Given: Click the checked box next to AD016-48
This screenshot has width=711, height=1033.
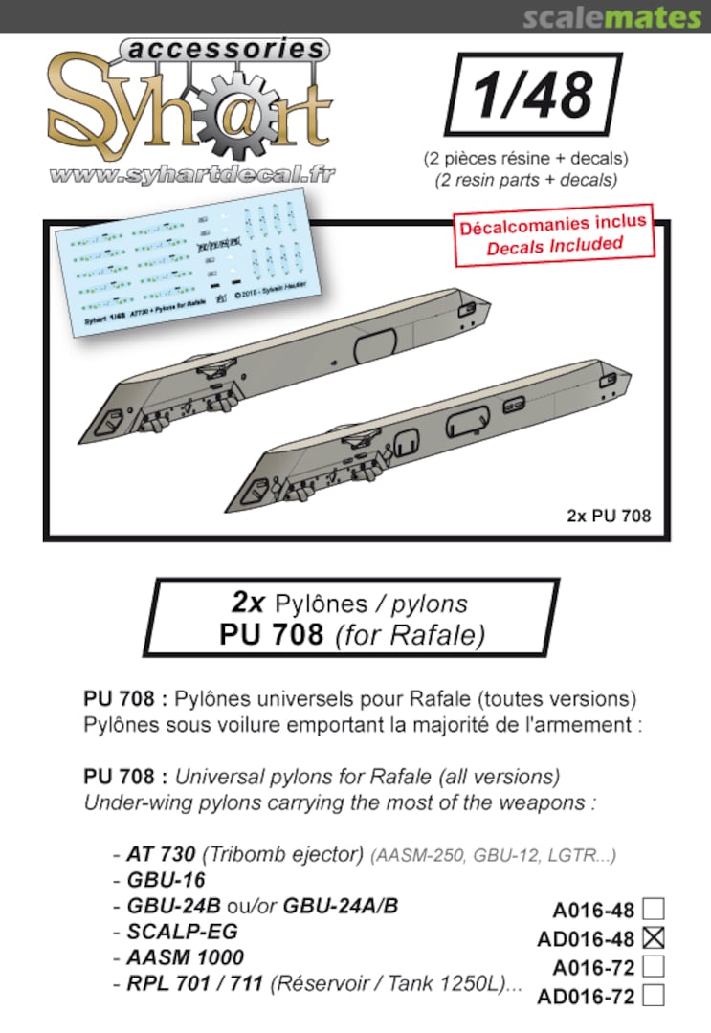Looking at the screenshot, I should tap(655, 937).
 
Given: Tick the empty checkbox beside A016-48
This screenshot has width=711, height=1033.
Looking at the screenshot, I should tap(655, 908).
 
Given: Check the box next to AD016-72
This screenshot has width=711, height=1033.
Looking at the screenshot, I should tap(655, 996).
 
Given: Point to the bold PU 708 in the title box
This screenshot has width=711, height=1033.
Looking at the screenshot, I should tap(273, 634).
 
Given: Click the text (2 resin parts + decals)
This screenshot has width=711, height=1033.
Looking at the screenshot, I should tap(520, 179).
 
